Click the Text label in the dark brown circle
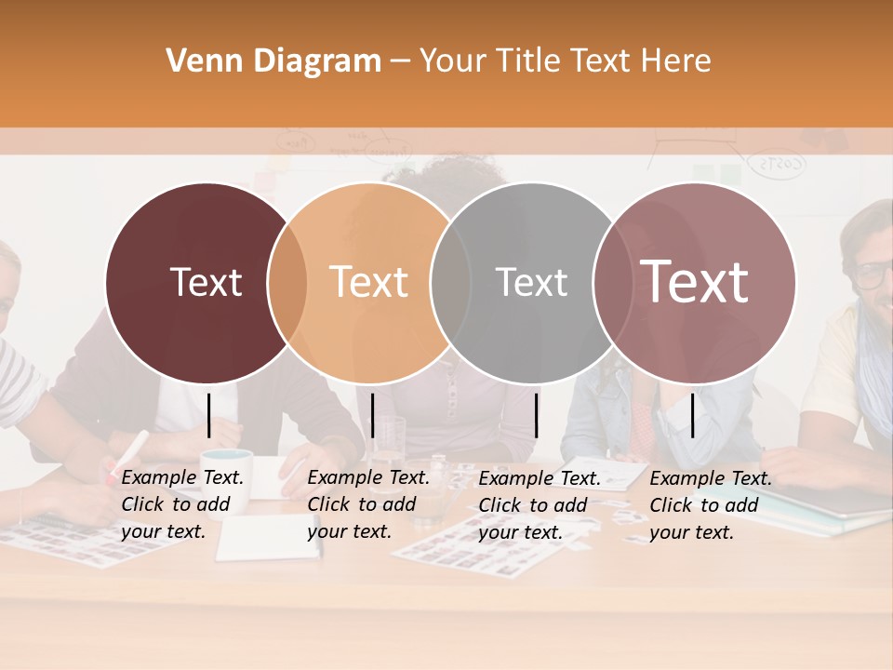click(x=206, y=282)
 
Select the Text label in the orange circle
click(x=369, y=282)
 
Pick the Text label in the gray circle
click(x=531, y=282)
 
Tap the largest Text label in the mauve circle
click(x=695, y=282)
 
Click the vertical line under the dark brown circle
click(x=209, y=415)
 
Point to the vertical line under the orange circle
click(x=372, y=415)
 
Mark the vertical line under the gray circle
click(x=537, y=415)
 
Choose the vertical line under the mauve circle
click(x=693, y=415)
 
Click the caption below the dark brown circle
click(x=182, y=504)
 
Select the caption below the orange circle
click(x=368, y=504)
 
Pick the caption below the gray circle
click(x=540, y=505)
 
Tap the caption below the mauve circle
click(x=711, y=505)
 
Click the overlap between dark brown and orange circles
click(x=287, y=282)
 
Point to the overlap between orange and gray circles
click(x=451, y=282)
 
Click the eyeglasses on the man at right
click(x=873, y=274)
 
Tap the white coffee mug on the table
click(x=228, y=465)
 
